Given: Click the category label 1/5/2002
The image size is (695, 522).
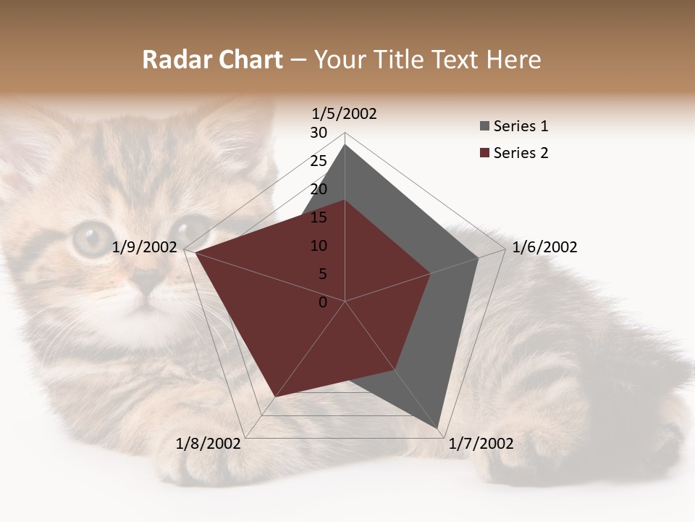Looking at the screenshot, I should click(x=344, y=114).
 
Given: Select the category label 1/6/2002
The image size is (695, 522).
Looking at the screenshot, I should click(x=544, y=247).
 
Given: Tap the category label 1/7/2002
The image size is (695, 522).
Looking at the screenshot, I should click(x=481, y=444).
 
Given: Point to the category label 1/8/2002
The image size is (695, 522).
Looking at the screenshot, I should click(x=208, y=444).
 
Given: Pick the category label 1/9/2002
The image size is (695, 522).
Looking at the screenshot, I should click(x=145, y=247).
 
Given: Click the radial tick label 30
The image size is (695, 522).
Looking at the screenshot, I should click(x=319, y=133).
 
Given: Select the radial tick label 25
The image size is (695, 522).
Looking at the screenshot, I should click(x=319, y=161).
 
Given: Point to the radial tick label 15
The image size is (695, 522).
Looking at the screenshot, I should click(x=319, y=217).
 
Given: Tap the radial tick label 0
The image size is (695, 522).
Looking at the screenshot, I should click(x=323, y=302).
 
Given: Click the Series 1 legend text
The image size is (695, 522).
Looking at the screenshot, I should click(x=521, y=126).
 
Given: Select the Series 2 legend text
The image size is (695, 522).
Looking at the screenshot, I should click(x=521, y=153).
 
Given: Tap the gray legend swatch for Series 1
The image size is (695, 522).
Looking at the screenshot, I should click(x=484, y=127).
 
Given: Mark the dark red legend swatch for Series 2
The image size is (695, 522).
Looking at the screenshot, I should click(x=484, y=154).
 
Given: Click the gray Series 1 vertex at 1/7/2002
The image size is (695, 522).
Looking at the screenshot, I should click(x=439, y=430).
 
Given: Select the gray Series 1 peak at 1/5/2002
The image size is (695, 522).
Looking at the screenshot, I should click(x=345, y=145).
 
